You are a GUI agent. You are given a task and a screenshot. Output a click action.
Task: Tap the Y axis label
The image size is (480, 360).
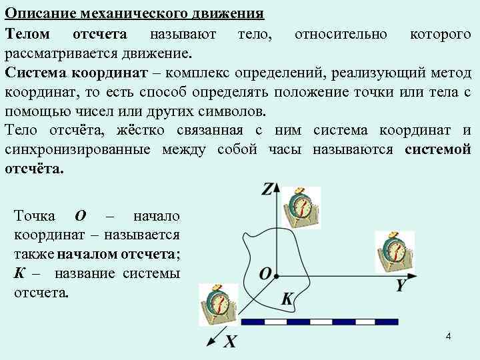[401, 285]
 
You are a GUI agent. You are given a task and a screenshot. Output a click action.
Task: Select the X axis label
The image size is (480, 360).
[230, 342]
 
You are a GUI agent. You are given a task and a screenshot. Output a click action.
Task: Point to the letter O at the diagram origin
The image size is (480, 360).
[265, 274]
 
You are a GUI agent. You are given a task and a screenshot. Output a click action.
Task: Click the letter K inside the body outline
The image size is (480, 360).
[287, 299]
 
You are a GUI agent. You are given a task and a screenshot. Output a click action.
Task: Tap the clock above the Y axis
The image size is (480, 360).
[393, 251]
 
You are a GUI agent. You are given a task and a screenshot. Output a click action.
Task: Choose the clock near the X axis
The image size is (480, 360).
[219, 303]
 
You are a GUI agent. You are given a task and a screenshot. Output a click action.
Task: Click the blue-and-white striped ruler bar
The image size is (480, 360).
[319, 322]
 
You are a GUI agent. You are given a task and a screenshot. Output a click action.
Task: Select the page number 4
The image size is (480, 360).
[449, 337]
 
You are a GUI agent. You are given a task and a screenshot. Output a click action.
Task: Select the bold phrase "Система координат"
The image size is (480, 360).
[79, 72]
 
